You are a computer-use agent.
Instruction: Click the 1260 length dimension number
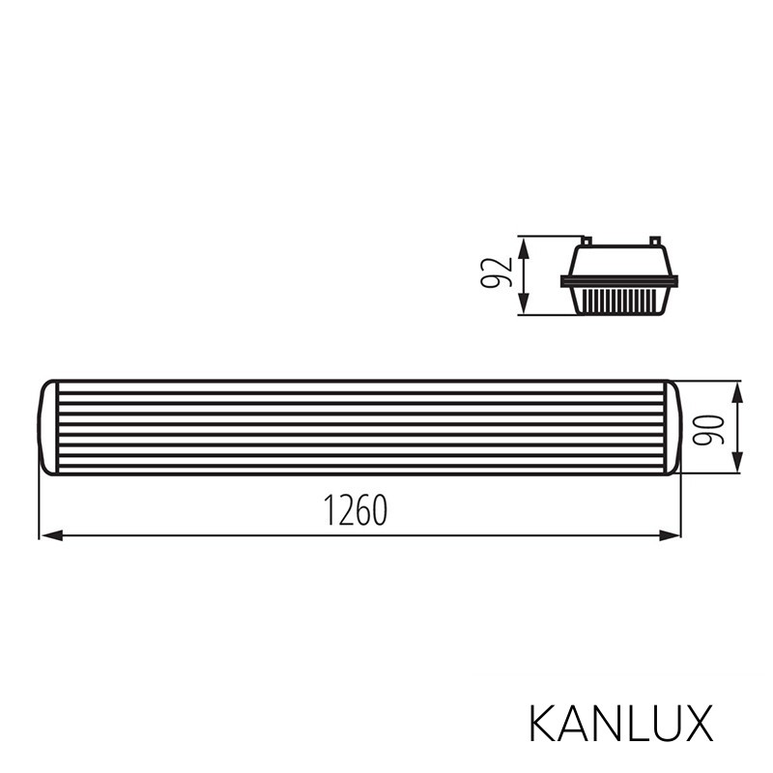[x=356, y=511]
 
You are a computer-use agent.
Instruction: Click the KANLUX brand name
[x=620, y=723]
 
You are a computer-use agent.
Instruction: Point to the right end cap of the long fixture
[x=673, y=428]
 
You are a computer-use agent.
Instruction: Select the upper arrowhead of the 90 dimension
[x=737, y=390]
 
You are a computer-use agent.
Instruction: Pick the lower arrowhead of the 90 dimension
[x=737, y=466]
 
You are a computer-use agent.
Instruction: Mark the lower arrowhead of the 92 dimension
[x=524, y=305]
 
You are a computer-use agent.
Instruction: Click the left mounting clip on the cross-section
[x=586, y=240]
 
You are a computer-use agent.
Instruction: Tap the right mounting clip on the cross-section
[x=654, y=240]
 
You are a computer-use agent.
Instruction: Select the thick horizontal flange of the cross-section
[x=619, y=281]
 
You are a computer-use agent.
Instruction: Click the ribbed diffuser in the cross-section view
[x=619, y=299]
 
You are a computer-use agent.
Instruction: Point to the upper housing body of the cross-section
[x=619, y=259]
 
